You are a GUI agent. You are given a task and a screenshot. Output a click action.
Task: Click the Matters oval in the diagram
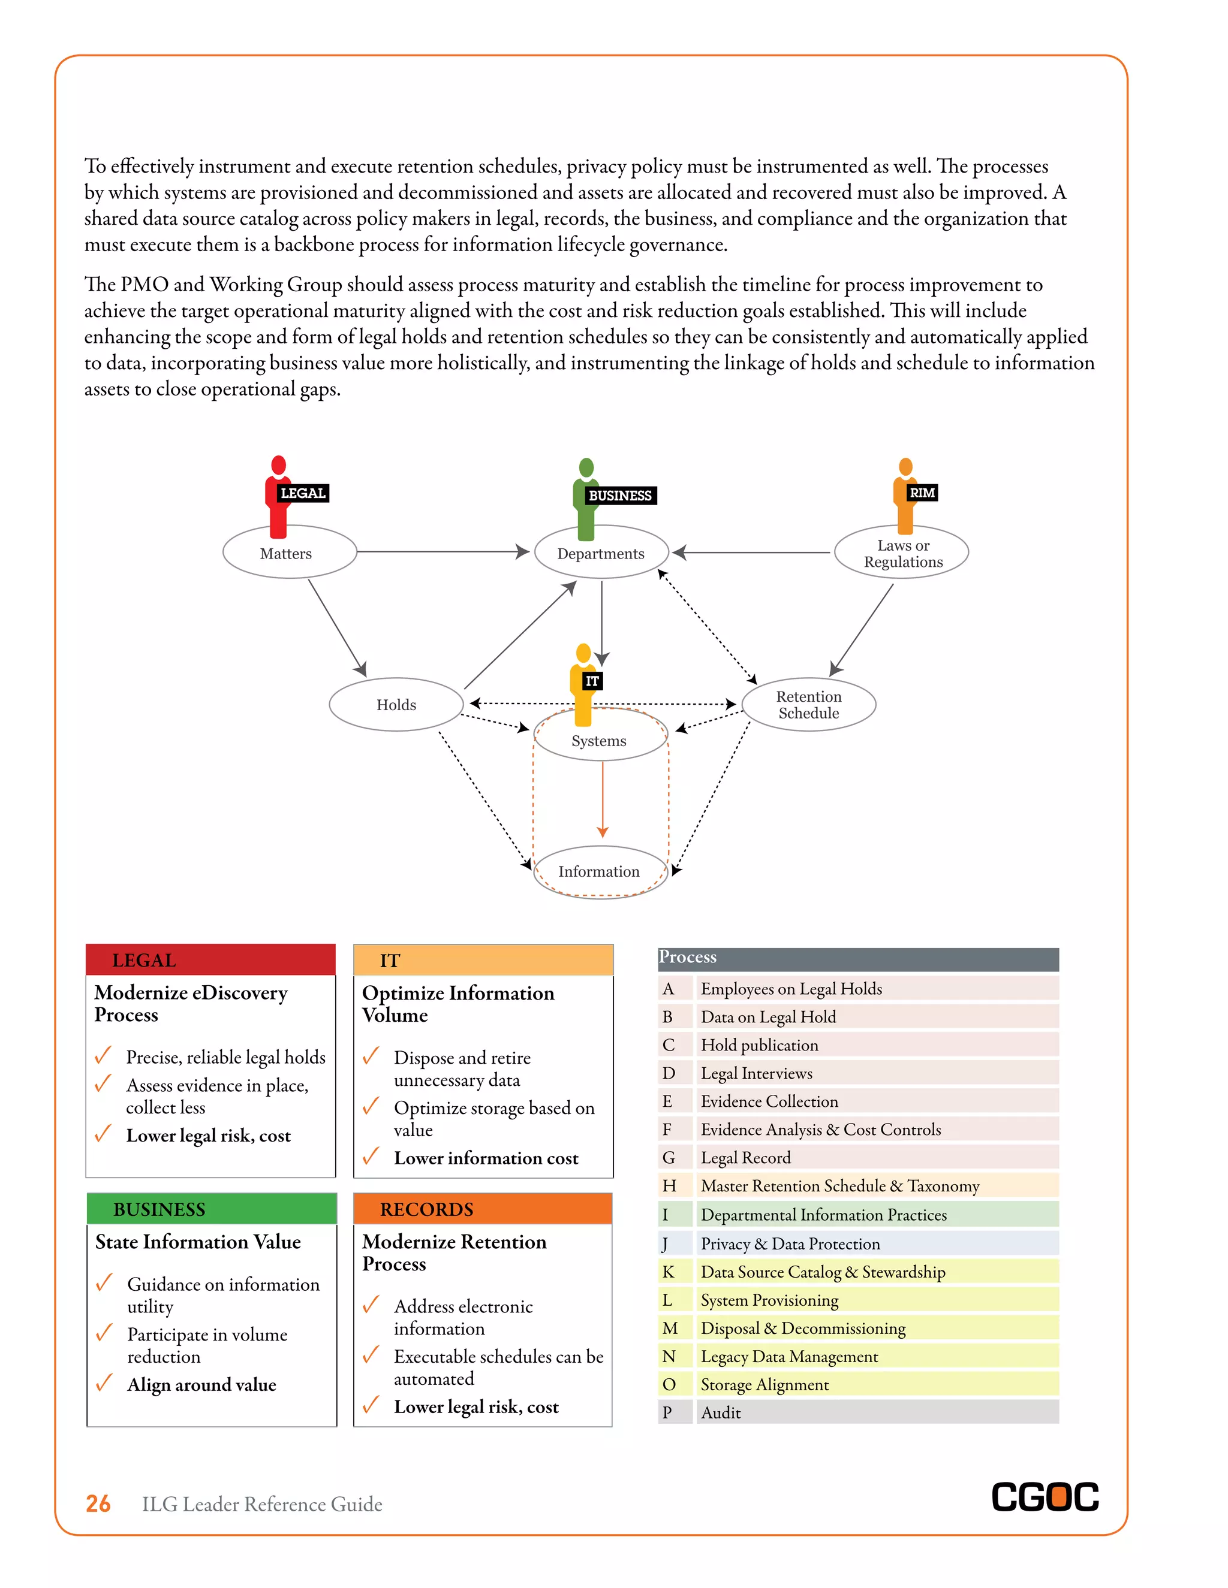tap(289, 553)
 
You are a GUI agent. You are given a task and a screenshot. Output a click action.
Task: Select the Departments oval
tap(601, 553)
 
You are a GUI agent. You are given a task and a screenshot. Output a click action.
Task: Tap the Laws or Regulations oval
tap(901, 553)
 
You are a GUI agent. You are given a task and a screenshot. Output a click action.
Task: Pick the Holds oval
tap(396, 704)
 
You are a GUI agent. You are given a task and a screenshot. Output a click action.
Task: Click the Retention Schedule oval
tap(808, 704)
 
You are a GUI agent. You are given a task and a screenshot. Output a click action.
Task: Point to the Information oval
tap(600, 871)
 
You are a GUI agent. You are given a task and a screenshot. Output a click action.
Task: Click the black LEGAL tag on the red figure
tap(303, 493)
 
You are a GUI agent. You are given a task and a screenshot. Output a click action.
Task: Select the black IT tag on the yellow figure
tap(591, 681)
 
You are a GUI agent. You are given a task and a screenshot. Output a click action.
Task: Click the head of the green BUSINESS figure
tap(586, 467)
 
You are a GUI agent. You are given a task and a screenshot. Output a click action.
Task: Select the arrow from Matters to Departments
tap(441, 552)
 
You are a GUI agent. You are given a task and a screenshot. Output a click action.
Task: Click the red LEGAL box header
tap(210, 960)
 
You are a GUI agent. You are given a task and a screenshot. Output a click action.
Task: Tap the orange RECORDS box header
tap(482, 1209)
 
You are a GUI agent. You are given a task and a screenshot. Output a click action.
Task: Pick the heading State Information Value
tap(198, 1242)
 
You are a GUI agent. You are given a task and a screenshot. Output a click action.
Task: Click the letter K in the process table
tap(668, 1272)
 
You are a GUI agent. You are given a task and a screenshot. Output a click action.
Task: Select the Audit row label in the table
tap(720, 1413)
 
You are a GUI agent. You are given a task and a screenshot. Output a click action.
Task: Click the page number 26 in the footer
tap(98, 1504)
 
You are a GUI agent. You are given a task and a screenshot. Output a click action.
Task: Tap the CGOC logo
tap(1045, 1497)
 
